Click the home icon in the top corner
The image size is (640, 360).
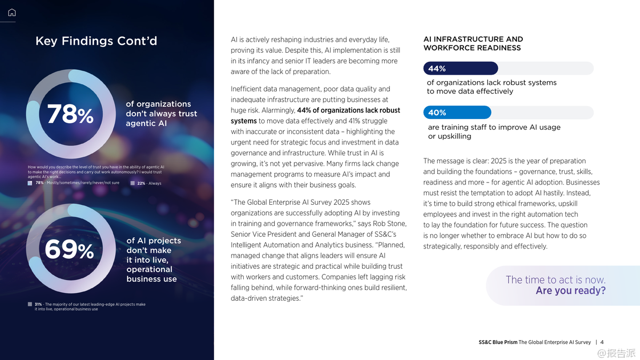click(x=12, y=12)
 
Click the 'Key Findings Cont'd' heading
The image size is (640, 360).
click(x=96, y=41)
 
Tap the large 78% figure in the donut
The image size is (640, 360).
click(x=70, y=114)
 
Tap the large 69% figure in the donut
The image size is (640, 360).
click(x=69, y=250)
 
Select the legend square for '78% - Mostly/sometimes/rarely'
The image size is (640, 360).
click(x=30, y=183)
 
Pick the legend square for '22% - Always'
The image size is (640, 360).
click(x=132, y=183)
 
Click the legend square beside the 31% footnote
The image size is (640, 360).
click(x=30, y=304)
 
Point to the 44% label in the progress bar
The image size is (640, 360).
click(x=437, y=69)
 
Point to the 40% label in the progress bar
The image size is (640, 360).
click(x=437, y=113)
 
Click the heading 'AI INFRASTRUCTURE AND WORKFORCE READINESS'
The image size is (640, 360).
click(x=473, y=43)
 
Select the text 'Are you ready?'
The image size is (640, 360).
click(x=571, y=291)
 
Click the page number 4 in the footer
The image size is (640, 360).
click(x=602, y=342)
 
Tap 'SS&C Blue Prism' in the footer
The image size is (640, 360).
click(x=498, y=342)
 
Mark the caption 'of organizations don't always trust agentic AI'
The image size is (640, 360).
click(x=161, y=114)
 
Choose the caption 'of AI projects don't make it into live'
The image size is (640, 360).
click(x=153, y=259)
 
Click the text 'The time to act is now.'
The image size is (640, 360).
click(x=555, y=280)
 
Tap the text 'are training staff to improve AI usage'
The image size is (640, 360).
click(x=494, y=127)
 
